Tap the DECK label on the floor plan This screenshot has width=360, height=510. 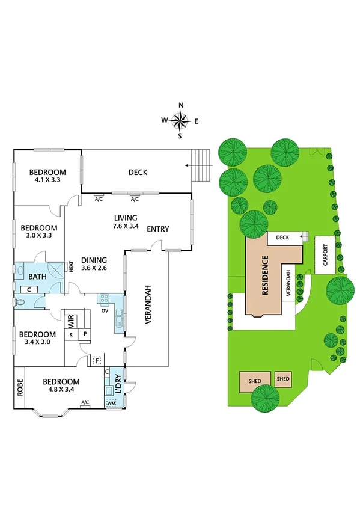tap(138, 173)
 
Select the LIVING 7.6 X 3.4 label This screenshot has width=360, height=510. tap(126, 222)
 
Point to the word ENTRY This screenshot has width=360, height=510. tap(157, 229)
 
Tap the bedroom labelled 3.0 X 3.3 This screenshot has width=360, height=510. tap(39, 232)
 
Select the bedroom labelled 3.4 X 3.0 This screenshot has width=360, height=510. tap(37, 339)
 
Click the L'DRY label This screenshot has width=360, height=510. tap(118, 385)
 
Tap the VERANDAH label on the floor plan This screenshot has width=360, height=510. tap(147, 304)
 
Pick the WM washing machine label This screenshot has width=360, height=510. tap(111, 403)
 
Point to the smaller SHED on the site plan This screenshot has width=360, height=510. tap(283, 379)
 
